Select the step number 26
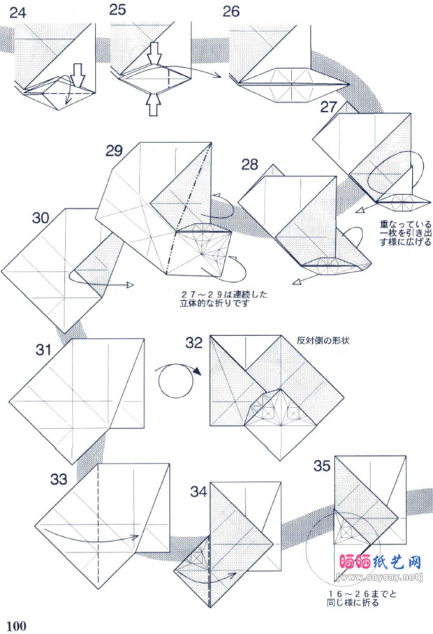point(231,11)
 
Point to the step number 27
point(330,106)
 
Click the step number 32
point(194,343)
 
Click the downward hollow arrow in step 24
point(78,73)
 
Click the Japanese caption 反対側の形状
point(318,340)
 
